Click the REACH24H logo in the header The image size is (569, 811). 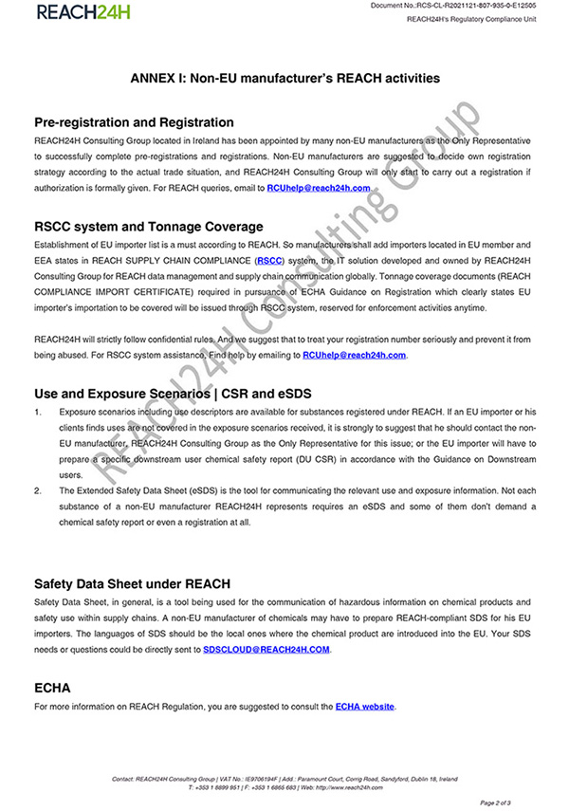[83, 12]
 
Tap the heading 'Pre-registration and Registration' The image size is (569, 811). [134, 122]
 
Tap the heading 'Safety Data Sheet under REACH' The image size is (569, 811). [132, 582]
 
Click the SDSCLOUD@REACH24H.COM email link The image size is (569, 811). [266, 650]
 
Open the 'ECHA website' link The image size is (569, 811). [364, 707]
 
